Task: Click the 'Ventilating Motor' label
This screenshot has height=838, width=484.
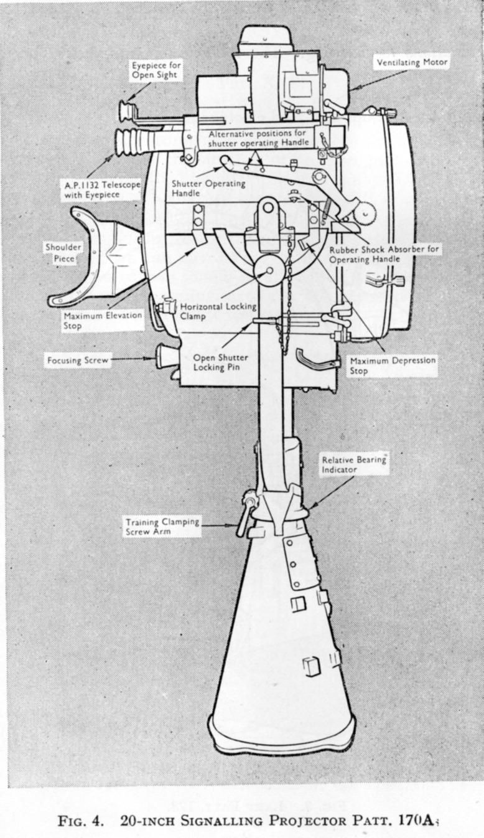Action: pyautogui.click(x=412, y=62)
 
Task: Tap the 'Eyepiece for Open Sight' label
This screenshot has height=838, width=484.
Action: pyautogui.click(x=156, y=70)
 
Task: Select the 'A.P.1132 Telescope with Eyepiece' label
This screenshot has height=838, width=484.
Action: pyautogui.click(x=102, y=190)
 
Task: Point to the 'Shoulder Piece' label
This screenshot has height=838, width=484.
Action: pyautogui.click(x=63, y=253)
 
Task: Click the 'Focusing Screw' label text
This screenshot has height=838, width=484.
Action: pyautogui.click(x=78, y=360)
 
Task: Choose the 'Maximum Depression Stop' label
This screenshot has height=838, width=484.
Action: pyautogui.click(x=393, y=365)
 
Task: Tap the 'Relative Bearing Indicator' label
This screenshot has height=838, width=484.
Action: pyautogui.click(x=354, y=464)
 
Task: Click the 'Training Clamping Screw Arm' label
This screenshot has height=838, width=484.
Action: pyautogui.click(x=162, y=526)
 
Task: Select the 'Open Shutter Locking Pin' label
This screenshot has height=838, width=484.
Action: pyautogui.click(x=220, y=362)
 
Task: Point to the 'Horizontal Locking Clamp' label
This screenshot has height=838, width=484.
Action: pyautogui.click(x=218, y=311)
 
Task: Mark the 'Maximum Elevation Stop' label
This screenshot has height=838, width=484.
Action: pyautogui.click(x=103, y=320)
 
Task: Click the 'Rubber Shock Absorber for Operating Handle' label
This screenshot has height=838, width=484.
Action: pyautogui.click(x=384, y=254)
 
